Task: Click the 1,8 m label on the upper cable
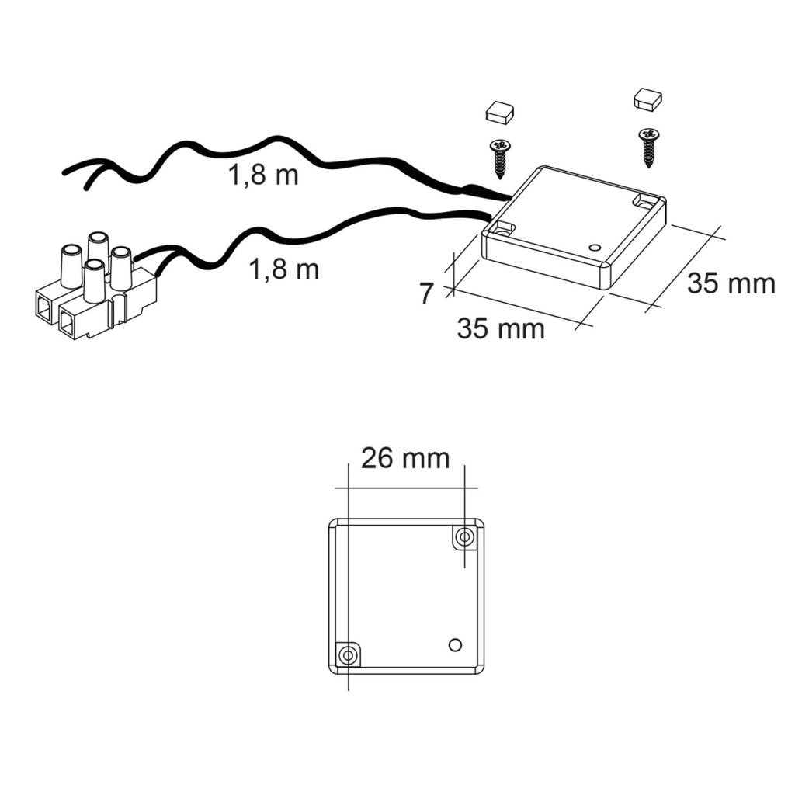263,175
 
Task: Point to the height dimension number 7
426,294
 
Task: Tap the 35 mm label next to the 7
501,328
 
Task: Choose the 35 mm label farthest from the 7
731,284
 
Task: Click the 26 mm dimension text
405,459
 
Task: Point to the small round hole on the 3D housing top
595,248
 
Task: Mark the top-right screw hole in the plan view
465,536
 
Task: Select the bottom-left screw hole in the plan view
348,655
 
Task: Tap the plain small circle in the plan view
456,644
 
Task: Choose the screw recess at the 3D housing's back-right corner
644,201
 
